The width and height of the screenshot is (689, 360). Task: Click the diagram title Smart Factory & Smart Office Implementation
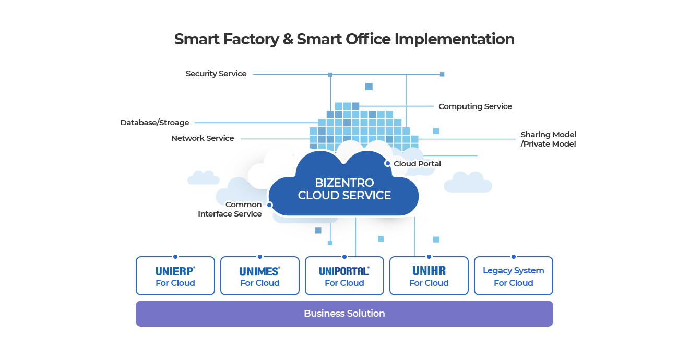pos(344,39)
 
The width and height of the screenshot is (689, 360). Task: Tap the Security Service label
pos(216,74)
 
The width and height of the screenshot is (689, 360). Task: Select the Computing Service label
pos(475,106)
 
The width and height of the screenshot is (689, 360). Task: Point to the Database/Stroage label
pos(155,123)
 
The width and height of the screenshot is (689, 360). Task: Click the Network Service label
pos(203,138)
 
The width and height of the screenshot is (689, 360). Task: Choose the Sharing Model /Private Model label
pos(548,139)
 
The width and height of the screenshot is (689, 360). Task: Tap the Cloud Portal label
pos(417,164)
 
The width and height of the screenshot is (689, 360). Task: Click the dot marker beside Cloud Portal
pos(387,163)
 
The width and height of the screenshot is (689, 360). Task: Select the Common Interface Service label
pos(230,209)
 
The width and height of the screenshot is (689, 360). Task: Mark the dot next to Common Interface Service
pos(269,205)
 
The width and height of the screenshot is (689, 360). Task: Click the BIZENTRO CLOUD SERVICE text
pos(344,189)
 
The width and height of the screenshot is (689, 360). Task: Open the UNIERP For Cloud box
pos(175,276)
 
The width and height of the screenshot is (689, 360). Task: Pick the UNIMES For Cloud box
pos(260,276)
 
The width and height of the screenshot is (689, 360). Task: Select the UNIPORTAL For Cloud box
pos(344,276)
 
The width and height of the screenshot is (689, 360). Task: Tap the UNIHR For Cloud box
pos(429,276)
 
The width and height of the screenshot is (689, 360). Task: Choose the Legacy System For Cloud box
pos(514,276)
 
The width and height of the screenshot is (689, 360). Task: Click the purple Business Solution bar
pos(344,314)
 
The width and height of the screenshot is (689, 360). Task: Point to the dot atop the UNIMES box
pos(260,257)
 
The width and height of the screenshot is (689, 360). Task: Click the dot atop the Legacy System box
pos(514,257)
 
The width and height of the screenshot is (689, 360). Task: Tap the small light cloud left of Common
pos(204,178)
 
